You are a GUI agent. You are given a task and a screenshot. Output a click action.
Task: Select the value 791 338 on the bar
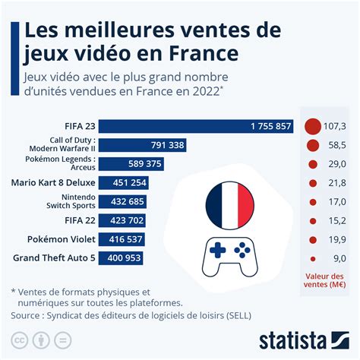(167, 144)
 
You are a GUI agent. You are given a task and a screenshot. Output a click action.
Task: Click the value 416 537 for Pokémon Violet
(125, 240)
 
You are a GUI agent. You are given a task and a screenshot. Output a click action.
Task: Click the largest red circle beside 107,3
(311, 126)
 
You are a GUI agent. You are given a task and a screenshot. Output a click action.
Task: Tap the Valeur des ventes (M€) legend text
(327, 280)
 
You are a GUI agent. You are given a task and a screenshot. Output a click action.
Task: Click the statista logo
(302, 339)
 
